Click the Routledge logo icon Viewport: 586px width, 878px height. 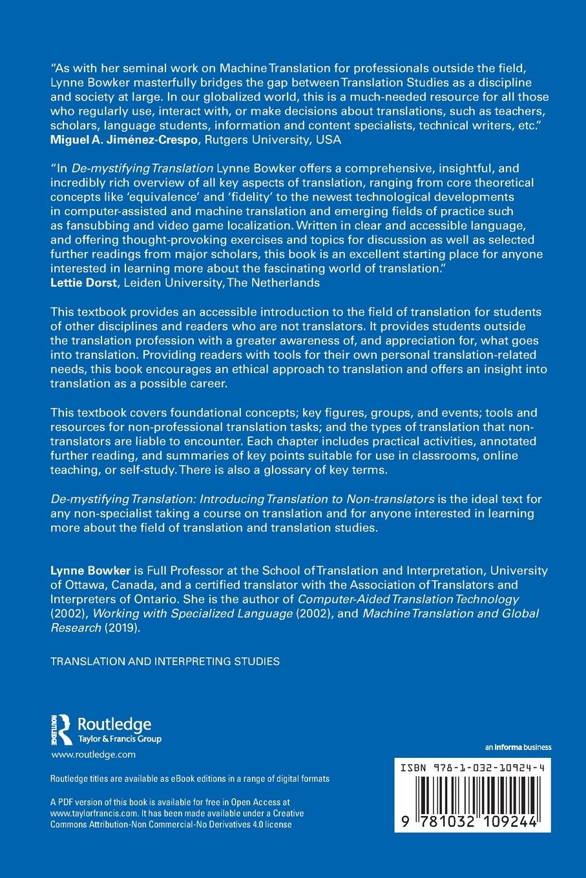(x=62, y=728)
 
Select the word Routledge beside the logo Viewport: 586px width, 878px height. (x=114, y=723)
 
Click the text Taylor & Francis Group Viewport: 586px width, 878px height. (x=119, y=739)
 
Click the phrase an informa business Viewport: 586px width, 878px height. (x=518, y=748)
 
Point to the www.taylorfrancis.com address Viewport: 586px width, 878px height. (x=95, y=813)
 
